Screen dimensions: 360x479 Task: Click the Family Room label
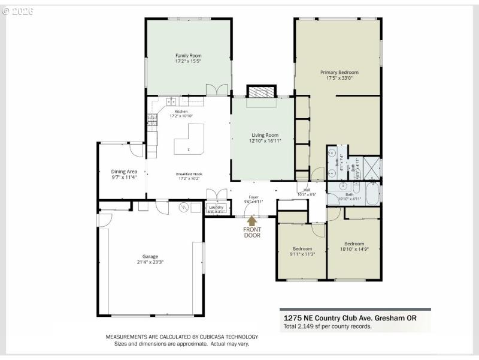pyautogui.click(x=187, y=55)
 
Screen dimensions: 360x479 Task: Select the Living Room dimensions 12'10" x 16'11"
pyautogui.click(x=265, y=141)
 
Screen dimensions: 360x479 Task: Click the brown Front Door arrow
pyautogui.click(x=251, y=220)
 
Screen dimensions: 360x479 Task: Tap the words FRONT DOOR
pyautogui.click(x=251, y=232)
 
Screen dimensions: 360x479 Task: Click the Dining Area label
pyautogui.click(x=124, y=172)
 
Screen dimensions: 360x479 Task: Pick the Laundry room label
pyautogui.click(x=216, y=207)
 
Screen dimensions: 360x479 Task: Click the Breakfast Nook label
pyautogui.click(x=189, y=174)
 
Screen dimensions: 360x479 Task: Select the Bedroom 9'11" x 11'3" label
pyautogui.click(x=302, y=248)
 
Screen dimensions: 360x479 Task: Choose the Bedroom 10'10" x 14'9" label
pyautogui.click(x=354, y=244)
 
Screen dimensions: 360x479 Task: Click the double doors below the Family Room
pyautogui.click(x=216, y=89)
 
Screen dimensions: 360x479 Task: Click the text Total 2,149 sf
pyautogui.click(x=305, y=326)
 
